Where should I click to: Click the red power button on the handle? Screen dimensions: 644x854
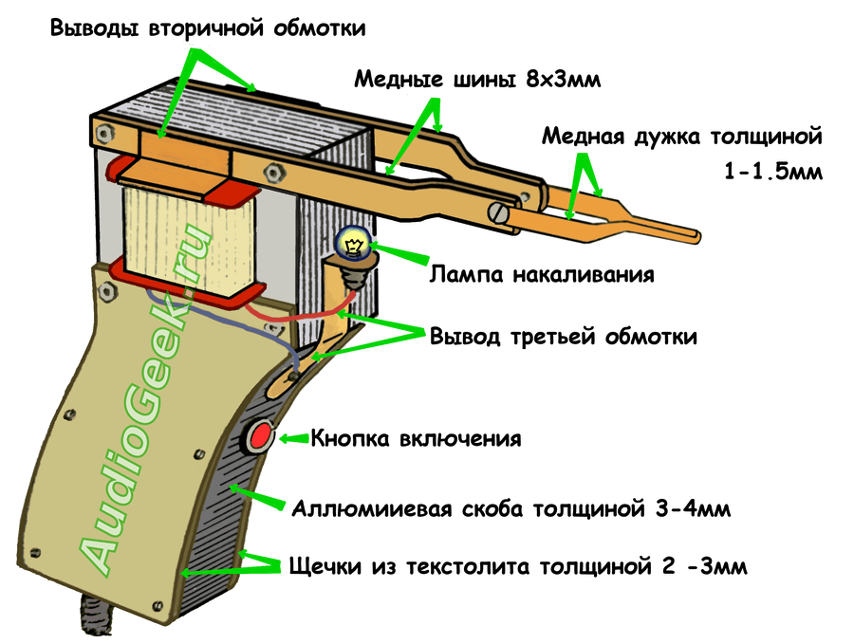(260, 437)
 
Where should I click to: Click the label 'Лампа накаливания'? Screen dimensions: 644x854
(542, 275)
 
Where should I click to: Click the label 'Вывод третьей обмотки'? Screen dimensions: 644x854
(564, 337)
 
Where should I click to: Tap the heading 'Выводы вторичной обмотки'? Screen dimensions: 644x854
(208, 28)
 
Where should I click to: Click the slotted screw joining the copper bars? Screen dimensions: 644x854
(498, 212)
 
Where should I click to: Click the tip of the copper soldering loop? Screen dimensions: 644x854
(696, 232)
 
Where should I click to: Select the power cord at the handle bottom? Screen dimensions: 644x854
(96, 620)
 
